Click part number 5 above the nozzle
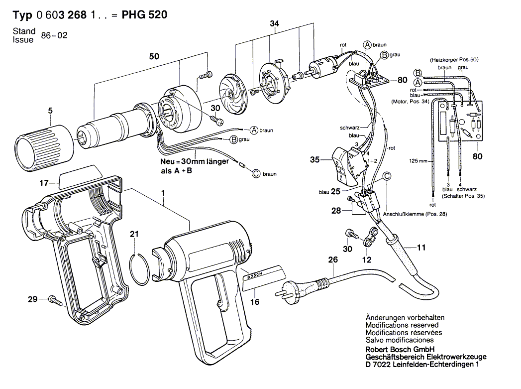pos(50,111)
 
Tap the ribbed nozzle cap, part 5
pos(44,148)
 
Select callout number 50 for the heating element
pos(154,56)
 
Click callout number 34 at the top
pos(275,23)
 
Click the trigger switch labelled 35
pos(345,166)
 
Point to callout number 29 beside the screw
pos(32,299)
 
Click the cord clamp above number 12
pos(370,237)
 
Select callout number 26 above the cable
pos(333,259)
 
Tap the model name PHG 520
pos(144,14)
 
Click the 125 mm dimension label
pos(418,161)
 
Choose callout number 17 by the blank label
pos(44,183)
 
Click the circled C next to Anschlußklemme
pos(387,176)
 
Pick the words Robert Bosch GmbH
pos(400,350)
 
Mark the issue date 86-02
pos(54,35)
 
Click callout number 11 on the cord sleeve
pos(421,248)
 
